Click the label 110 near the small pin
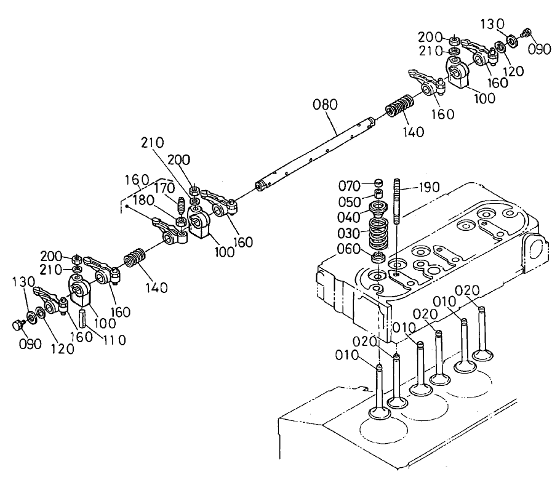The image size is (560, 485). [114, 339]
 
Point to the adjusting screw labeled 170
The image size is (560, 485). [182, 204]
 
